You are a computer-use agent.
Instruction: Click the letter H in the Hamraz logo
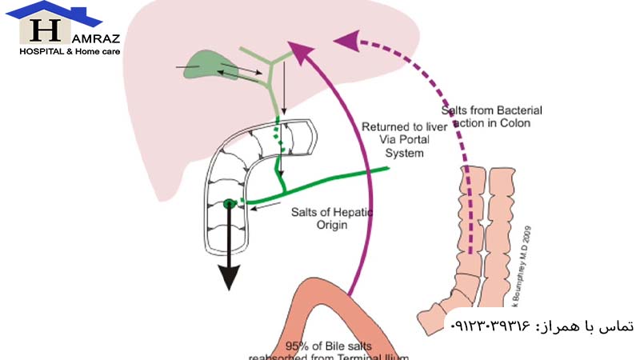click(45, 30)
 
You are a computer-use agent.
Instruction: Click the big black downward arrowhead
click(230, 276)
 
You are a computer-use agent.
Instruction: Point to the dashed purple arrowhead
click(345, 39)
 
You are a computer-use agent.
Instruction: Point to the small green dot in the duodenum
click(229, 203)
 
